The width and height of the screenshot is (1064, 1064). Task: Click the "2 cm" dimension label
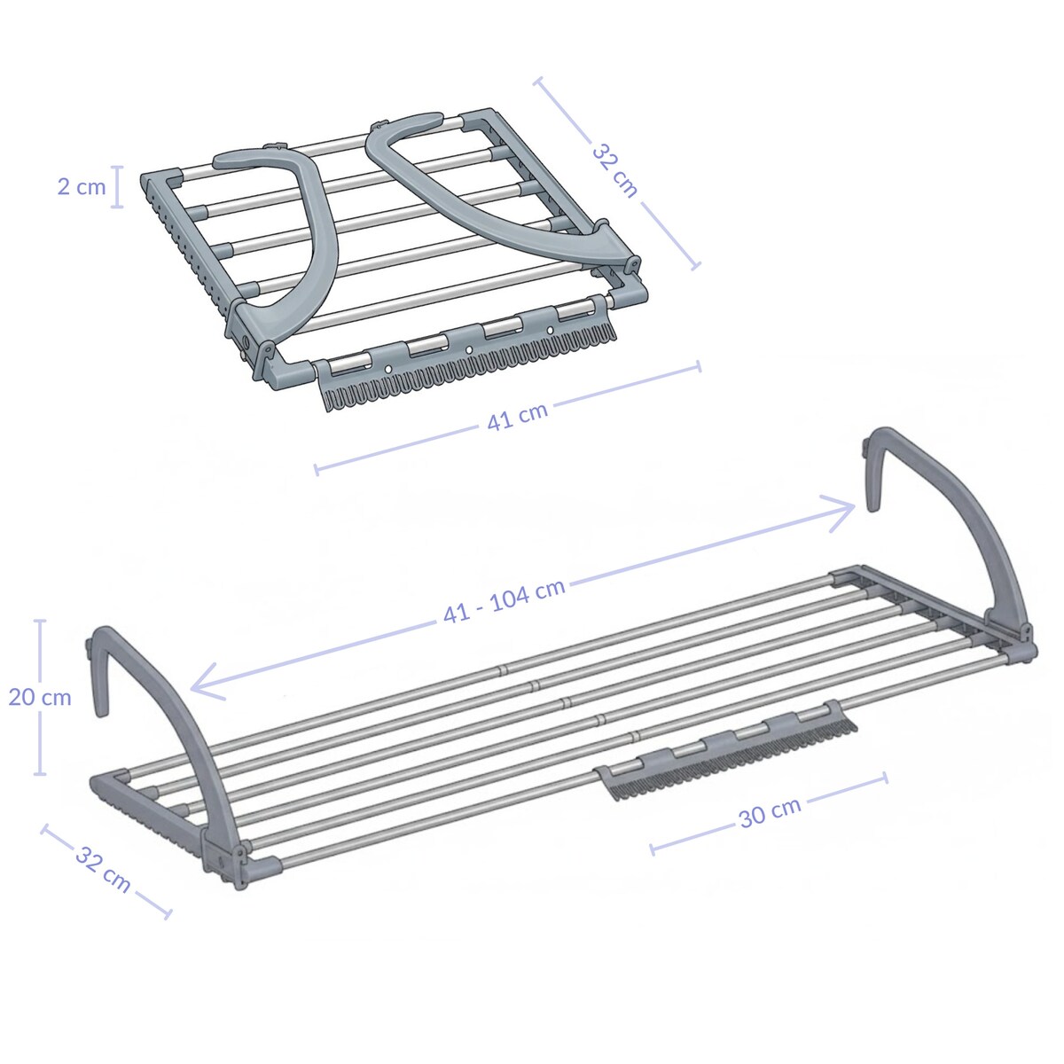(x=81, y=187)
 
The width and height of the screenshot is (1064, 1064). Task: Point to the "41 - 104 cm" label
(x=504, y=603)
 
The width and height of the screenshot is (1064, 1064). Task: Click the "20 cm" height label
(x=40, y=697)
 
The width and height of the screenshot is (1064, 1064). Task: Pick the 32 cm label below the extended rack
(x=103, y=869)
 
